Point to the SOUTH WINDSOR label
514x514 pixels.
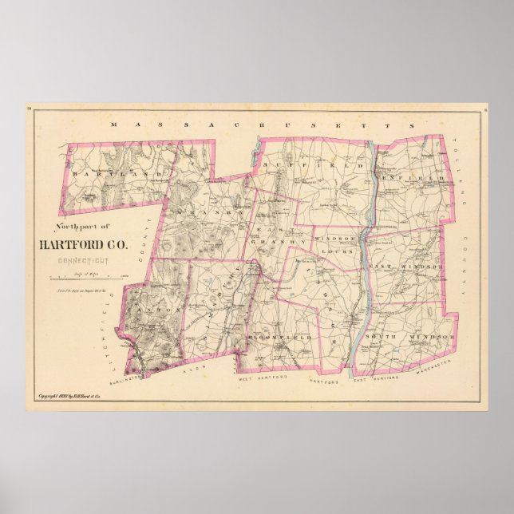(407, 339)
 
